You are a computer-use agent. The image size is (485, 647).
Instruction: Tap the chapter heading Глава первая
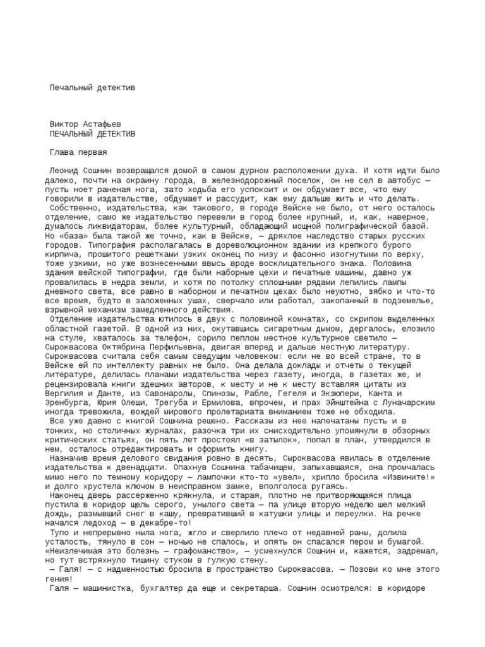78,152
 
